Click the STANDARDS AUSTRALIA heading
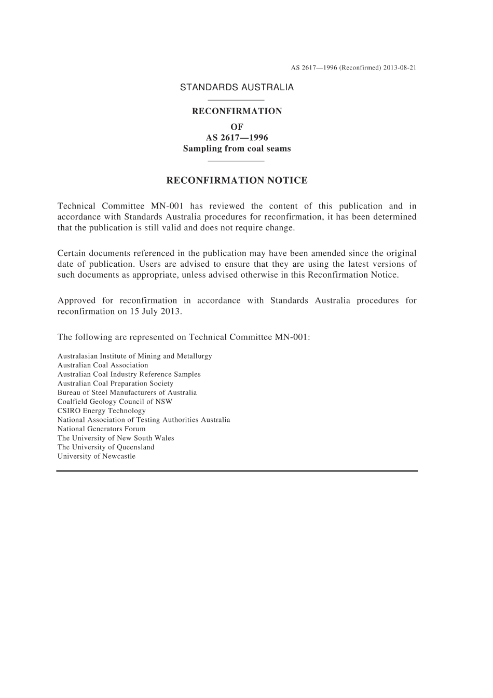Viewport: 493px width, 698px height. tap(237, 88)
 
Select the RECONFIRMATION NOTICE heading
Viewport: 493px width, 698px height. tap(237, 181)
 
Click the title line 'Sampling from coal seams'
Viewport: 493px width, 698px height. tap(237, 149)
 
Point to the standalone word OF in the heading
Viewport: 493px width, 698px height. tap(237, 127)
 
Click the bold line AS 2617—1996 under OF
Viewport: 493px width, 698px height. tap(237, 138)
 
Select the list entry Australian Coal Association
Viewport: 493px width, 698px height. tap(103, 365)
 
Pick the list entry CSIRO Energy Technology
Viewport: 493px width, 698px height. tap(102, 411)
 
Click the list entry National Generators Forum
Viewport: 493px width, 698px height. tap(102, 429)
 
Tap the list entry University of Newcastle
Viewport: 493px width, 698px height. tap(97, 457)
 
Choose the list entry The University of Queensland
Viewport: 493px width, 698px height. tap(106, 447)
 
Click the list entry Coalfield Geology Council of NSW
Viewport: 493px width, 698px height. tap(115, 402)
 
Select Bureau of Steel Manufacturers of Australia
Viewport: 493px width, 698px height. tap(127, 393)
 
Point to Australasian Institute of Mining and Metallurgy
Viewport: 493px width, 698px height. tap(134, 357)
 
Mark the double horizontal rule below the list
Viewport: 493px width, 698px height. tap(237, 471)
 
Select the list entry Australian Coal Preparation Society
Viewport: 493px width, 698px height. tap(115, 384)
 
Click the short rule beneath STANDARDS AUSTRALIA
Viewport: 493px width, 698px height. tap(236, 100)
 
